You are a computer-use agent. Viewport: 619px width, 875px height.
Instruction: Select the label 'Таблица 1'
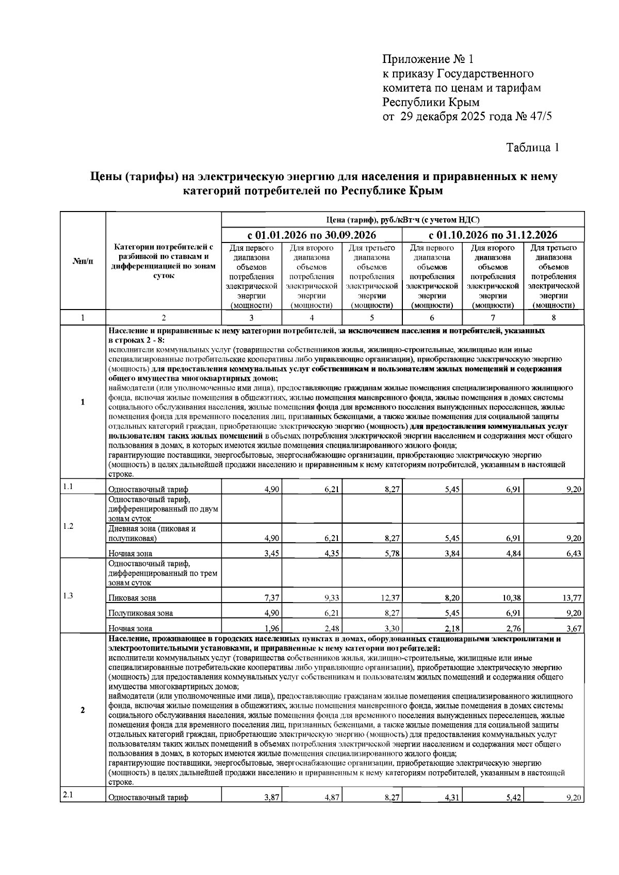click(532, 148)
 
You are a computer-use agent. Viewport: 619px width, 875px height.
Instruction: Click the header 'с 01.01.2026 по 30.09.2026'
click(312, 235)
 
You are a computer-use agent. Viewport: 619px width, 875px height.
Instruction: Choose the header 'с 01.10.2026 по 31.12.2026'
click(493, 235)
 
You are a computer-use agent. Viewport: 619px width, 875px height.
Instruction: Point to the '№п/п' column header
click(83, 261)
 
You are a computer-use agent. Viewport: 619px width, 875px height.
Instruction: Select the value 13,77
click(573, 598)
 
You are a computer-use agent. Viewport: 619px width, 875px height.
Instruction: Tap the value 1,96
click(272, 628)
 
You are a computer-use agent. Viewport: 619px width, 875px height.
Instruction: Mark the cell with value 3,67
click(575, 628)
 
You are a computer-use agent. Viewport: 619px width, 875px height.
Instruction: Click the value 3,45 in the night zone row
click(272, 554)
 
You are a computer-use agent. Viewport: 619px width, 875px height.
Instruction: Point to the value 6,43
click(575, 554)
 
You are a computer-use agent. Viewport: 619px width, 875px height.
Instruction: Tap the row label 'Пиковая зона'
click(132, 598)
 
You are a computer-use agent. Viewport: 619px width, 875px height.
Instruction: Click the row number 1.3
click(68, 596)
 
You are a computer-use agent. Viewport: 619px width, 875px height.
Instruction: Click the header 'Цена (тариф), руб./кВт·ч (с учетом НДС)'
click(403, 220)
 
